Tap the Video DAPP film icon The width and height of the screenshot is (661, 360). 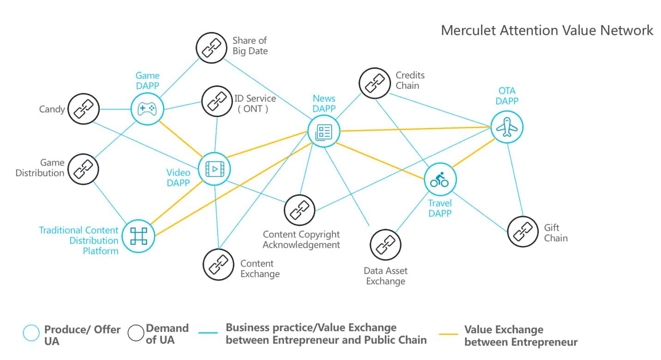click(x=214, y=169)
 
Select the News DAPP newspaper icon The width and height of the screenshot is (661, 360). click(x=324, y=132)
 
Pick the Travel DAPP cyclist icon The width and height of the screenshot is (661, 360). click(x=440, y=179)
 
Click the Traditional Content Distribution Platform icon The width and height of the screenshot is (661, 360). click(x=138, y=236)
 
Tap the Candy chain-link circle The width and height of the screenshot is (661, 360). click(x=84, y=110)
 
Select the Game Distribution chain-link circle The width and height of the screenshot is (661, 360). click(x=84, y=169)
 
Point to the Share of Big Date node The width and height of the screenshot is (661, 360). click(x=211, y=48)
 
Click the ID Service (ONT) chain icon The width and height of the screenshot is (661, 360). click(x=217, y=102)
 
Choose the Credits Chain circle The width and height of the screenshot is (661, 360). click(x=375, y=83)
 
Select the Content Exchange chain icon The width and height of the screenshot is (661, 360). click(x=218, y=264)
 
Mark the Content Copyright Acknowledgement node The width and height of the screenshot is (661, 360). click(x=300, y=210)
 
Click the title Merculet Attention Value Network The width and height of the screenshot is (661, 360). click(x=547, y=31)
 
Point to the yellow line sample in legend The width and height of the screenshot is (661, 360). click(x=448, y=334)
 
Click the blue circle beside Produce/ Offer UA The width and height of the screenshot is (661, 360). click(x=31, y=333)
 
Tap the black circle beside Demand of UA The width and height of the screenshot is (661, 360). click(x=136, y=333)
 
